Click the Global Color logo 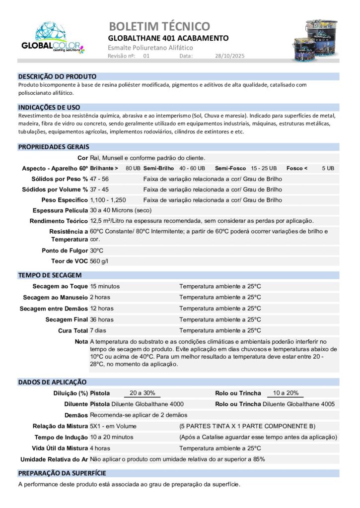(53, 38)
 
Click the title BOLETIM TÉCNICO (159, 26)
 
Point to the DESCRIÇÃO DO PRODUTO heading (57, 77)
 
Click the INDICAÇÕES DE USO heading (49, 107)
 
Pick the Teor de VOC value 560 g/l (99, 261)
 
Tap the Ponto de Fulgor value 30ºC (96, 251)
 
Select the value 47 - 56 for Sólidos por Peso (99, 179)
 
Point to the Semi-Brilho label (159, 168)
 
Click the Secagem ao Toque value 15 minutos (105, 286)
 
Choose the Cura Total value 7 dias (98, 330)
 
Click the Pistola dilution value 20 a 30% (142, 393)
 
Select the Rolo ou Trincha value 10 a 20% (286, 393)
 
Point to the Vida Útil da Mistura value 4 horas (100, 448)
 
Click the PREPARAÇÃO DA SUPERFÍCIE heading (62, 473)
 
